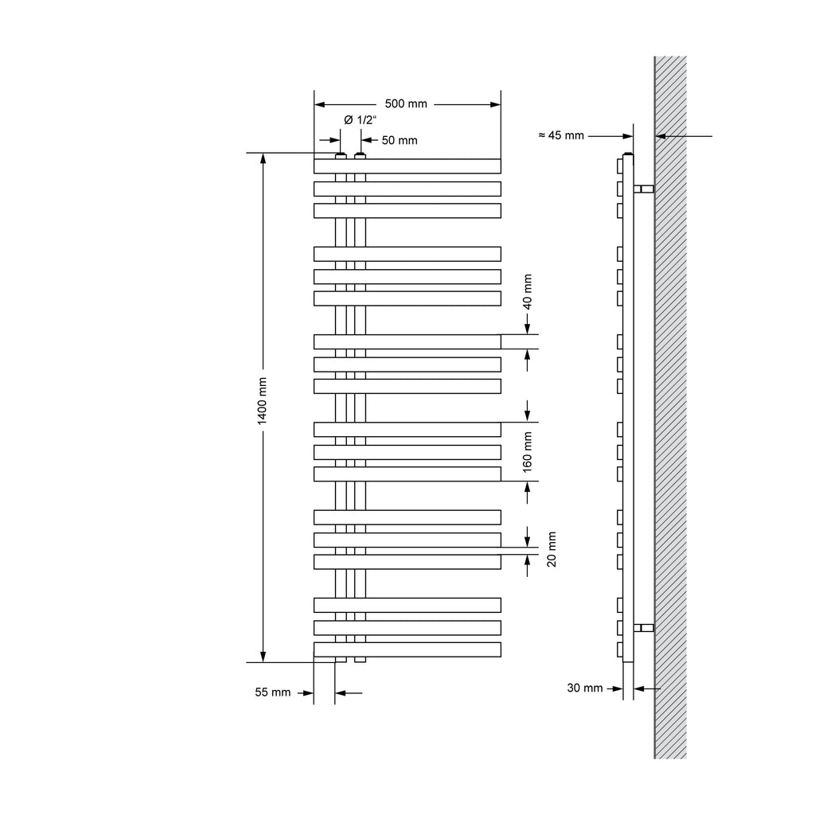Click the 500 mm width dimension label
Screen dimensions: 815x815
[406, 103]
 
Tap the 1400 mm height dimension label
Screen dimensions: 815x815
[262, 401]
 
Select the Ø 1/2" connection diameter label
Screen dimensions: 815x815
[361, 120]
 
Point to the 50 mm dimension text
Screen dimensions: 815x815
[400, 140]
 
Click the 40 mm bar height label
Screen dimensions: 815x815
[528, 292]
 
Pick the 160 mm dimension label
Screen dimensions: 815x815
[528, 452]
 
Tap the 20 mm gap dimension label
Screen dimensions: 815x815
[552, 549]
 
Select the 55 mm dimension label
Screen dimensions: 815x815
[273, 692]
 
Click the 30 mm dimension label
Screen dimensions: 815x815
[585, 688]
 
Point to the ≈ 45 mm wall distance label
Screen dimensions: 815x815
[561, 135]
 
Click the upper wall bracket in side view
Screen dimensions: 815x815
[643, 189]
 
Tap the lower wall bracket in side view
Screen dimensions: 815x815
[643, 628]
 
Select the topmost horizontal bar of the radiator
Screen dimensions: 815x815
[407, 166]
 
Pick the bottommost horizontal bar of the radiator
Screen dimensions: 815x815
[407, 649]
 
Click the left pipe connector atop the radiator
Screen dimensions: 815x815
[341, 156]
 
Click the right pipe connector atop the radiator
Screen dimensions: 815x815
[361, 156]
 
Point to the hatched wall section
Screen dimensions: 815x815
[670, 407]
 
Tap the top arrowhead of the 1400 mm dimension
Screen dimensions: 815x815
[263, 158]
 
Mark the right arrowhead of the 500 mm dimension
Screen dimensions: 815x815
[495, 104]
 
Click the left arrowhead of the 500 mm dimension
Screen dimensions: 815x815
[320, 104]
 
